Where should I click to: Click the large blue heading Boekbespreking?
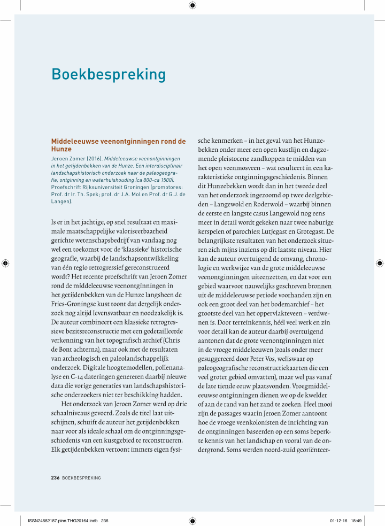109,74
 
